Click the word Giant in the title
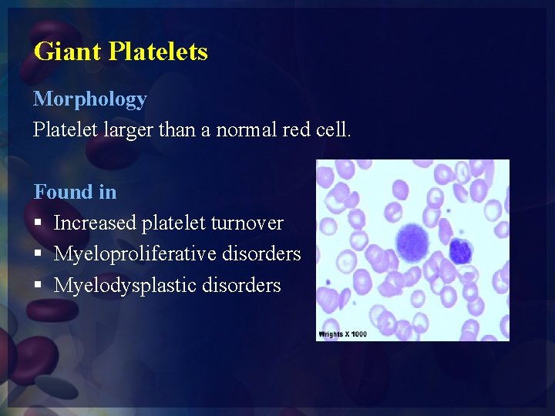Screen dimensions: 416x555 tap(68, 52)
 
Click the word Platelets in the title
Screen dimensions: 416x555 tap(158, 52)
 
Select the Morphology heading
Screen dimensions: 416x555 tap(90, 99)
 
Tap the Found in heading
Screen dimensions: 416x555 tap(75, 191)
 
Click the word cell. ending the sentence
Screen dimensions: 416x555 tap(333, 130)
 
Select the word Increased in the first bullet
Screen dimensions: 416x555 tap(96, 223)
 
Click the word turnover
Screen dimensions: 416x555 tap(247, 223)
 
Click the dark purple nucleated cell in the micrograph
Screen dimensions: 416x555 tap(460, 250)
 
